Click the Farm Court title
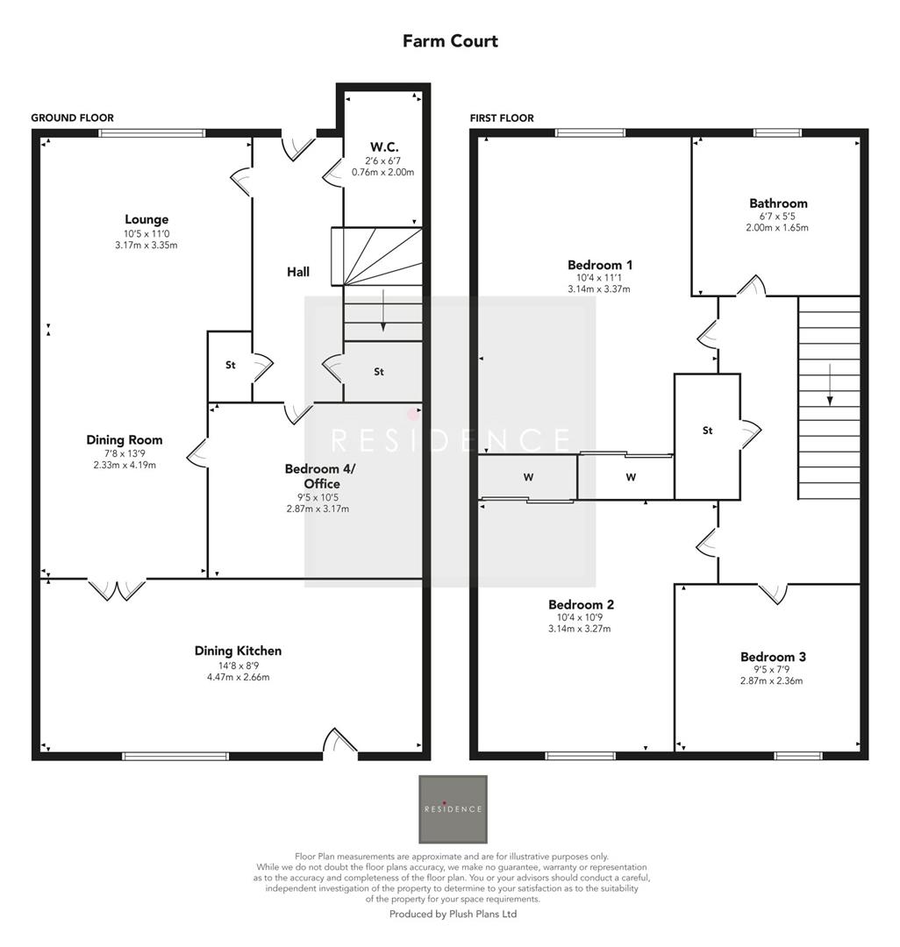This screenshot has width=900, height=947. pos(450,41)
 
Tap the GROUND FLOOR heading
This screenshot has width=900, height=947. pos(72,118)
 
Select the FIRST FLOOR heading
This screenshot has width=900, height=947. pos(502,118)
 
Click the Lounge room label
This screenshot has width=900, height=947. pos(146,219)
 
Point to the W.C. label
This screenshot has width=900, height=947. pos(383,146)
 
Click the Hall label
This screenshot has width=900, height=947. pos(297,272)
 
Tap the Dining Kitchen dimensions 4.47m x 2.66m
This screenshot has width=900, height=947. pos(239,677)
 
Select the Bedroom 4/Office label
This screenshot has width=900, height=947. pos(311,476)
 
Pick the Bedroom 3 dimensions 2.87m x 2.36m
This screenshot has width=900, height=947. pos(772,681)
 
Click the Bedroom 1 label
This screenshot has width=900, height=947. pos(600,265)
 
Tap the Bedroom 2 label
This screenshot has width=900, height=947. pos(581,604)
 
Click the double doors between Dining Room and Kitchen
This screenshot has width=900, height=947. pos(117,588)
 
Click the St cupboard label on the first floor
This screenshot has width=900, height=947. pos(707,431)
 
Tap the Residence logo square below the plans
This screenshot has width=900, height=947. pos(453,808)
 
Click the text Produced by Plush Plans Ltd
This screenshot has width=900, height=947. pos(453,914)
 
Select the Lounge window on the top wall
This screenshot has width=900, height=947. pos(152,133)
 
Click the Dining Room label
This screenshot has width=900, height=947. pos(125,440)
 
